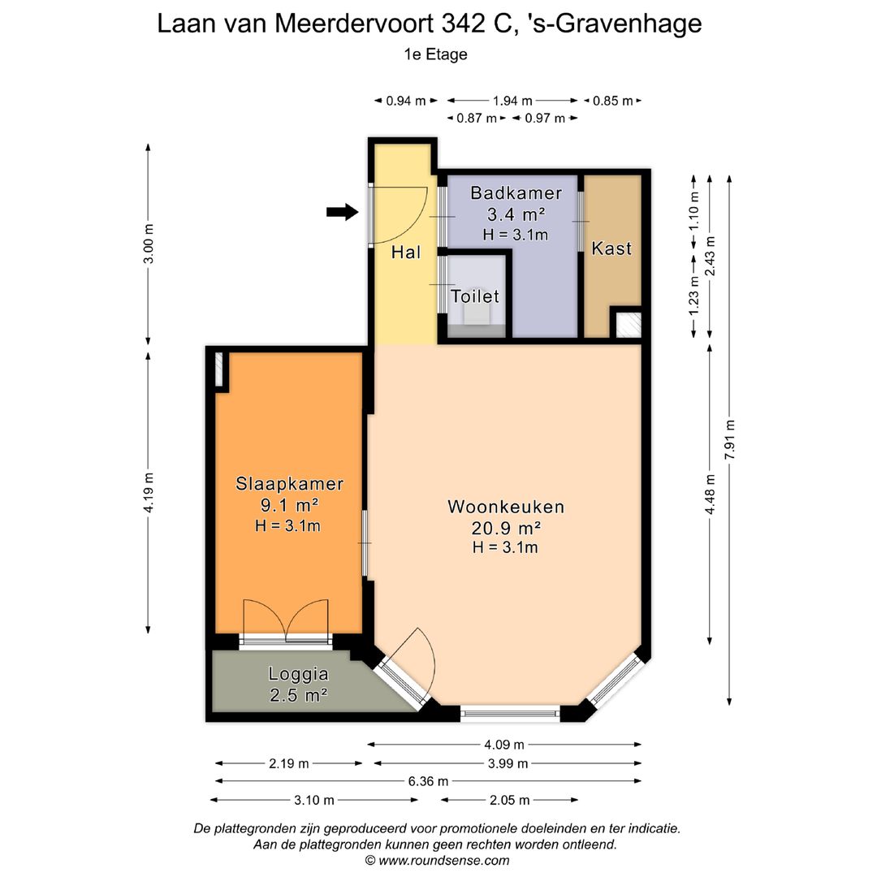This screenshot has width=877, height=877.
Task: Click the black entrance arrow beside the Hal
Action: (x=342, y=213)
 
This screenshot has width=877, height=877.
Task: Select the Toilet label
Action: (x=475, y=296)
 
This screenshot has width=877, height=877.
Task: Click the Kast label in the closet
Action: (x=611, y=248)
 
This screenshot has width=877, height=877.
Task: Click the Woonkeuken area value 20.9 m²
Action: (x=506, y=528)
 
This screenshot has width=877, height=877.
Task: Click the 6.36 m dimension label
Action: (x=428, y=781)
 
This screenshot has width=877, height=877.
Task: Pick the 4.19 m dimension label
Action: (x=148, y=493)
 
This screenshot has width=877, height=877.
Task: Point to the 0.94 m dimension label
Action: (x=406, y=101)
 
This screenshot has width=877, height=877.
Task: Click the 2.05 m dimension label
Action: (x=509, y=800)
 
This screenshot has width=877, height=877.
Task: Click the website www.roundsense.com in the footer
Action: (x=443, y=860)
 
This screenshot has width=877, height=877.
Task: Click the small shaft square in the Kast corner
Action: (x=626, y=324)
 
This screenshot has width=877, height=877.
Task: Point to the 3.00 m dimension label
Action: (x=148, y=244)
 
